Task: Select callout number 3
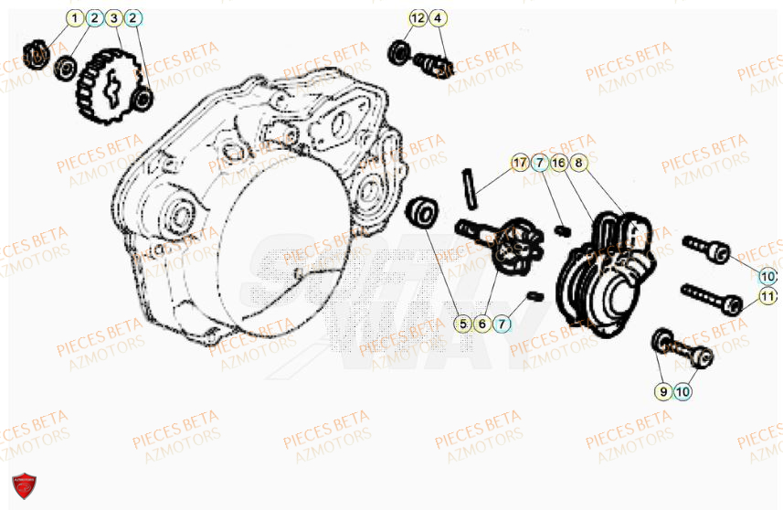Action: tap(113, 18)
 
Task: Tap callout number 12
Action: tap(418, 18)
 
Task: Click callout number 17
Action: tap(520, 164)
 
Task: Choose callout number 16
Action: tap(558, 164)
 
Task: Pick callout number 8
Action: tap(577, 164)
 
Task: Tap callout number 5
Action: tap(463, 324)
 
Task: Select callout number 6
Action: tap(482, 324)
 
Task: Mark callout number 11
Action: tap(767, 296)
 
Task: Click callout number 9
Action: tap(662, 391)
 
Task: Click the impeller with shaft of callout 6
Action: tap(499, 246)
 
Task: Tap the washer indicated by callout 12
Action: tap(399, 52)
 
